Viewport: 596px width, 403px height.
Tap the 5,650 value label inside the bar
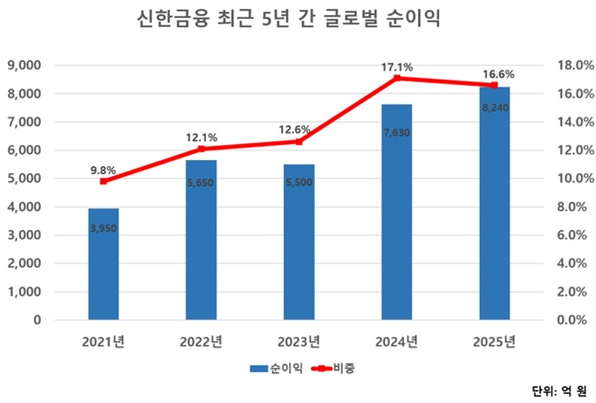(x=201, y=184)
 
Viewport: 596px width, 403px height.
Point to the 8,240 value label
(x=494, y=107)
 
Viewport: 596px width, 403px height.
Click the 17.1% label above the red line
(x=396, y=66)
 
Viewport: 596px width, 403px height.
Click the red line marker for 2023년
(x=298, y=141)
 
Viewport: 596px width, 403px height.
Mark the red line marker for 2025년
(x=494, y=85)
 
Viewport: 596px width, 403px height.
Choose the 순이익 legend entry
(x=273, y=368)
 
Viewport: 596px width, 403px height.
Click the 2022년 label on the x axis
(x=201, y=341)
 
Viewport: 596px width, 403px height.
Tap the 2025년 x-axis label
(x=494, y=341)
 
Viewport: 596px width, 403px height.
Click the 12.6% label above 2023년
(x=298, y=128)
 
